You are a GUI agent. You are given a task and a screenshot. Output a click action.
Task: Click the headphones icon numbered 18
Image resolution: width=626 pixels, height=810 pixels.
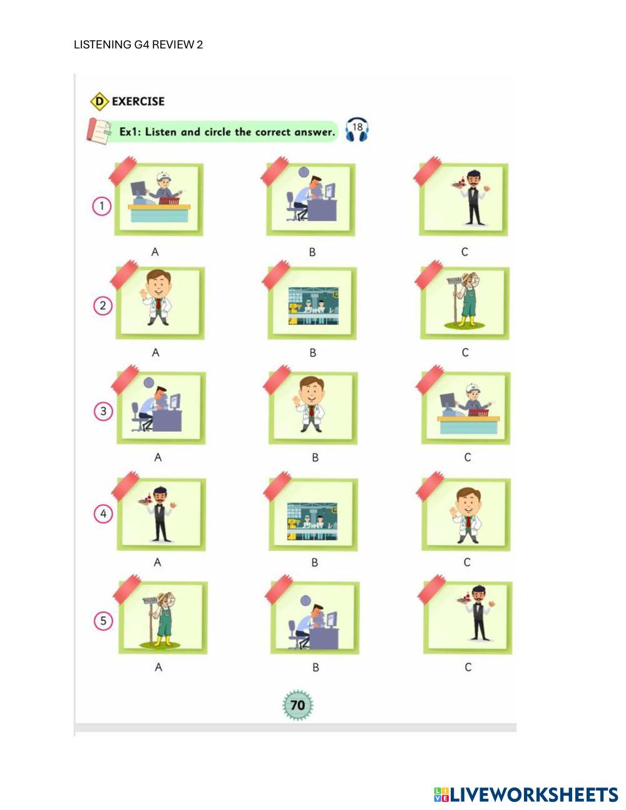[357, 130]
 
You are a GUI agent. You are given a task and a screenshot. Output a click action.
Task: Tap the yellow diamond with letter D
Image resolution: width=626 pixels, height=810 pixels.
[100, 101]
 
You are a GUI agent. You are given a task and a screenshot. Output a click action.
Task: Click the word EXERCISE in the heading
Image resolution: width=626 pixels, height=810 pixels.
[138, 101]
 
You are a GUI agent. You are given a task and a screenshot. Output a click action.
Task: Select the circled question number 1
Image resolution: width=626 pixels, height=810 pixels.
[101, 206]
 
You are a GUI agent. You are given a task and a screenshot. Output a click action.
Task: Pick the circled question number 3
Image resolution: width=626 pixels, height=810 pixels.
[103, 411]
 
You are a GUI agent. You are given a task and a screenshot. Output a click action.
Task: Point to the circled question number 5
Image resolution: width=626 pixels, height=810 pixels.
[103, 621]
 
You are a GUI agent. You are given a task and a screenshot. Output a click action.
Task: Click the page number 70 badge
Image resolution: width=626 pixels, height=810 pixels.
[298, 705]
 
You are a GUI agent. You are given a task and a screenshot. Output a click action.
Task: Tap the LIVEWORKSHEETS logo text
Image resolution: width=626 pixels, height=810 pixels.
[526, 794]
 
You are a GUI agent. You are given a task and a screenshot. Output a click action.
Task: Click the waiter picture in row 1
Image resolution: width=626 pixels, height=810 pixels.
[463, 200]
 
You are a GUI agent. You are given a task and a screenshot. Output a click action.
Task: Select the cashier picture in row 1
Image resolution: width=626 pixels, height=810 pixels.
[159, 200]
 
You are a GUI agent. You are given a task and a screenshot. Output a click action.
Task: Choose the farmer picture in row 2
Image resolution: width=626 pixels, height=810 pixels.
[465, 303]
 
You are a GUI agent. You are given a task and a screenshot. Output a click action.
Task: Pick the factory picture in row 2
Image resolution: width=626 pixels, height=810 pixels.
[312, 303]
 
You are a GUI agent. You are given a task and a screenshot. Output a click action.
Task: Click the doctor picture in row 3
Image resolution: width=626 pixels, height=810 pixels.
[313, 408]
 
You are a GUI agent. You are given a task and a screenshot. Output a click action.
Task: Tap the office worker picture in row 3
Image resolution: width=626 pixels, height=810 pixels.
[161, 408]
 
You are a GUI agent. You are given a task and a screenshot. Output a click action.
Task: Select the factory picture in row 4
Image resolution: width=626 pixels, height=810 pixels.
[314, 515]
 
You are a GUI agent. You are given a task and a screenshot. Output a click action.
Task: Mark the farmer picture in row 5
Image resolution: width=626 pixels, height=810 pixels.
[163, 618]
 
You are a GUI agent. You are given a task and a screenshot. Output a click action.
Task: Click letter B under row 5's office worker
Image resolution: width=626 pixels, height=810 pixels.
[316, 668]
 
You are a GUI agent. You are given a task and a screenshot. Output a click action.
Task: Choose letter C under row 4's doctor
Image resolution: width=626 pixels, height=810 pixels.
[467, 563]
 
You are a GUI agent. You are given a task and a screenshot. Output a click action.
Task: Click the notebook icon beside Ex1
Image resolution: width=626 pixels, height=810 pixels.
[99, 131]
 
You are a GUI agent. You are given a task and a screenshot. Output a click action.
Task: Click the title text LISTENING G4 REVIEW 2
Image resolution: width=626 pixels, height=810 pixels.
[138, 44]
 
